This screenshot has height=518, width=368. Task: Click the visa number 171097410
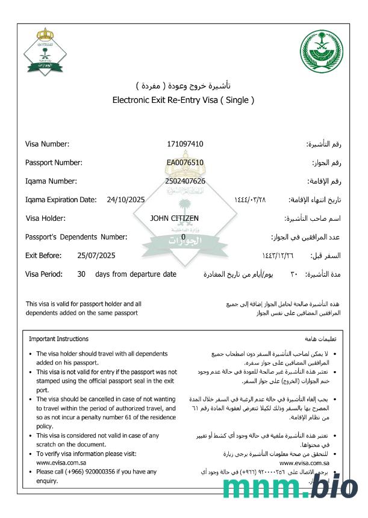click(x=185, y=144)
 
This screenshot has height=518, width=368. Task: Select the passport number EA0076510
click(x=185, y=162)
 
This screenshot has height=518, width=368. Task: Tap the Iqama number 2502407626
click(x=185, y=181)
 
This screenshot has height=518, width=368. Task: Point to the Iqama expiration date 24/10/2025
click(x=126, y=200)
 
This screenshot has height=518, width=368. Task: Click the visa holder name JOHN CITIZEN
click(x=174, y=218)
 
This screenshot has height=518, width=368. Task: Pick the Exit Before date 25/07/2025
click(x=96, y=256)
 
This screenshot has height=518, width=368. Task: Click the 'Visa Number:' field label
click(x=48, y=144)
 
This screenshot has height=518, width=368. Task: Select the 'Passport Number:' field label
click(x=54, y=162)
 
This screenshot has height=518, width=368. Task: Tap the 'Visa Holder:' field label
click(x=46, y=218)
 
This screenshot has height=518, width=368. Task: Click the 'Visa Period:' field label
click(x=44, y=274)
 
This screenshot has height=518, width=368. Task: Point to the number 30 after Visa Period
click(x=81, y=274)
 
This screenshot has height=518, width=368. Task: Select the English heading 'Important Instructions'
click(x=58, y=339)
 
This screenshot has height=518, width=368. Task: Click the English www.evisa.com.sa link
click(x=61, y=463)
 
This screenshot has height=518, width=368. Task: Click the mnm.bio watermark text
click(x=290, y=487)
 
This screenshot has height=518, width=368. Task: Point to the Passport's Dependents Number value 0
click(x=183, y=237)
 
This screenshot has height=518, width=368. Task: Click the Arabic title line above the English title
click(x=184, y=84)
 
